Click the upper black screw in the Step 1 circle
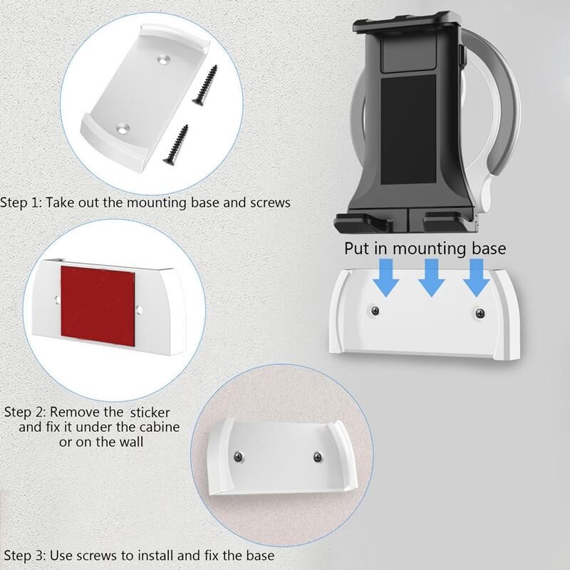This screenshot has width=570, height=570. tap(205, 85)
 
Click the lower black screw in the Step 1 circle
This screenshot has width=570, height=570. tap(175, 145)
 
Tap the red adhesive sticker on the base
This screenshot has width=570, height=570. tap(98, 306)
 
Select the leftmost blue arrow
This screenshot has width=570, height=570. tap(385, 277)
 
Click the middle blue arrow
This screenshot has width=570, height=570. tap(431, 277)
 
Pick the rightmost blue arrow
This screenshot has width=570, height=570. tap(477, 277)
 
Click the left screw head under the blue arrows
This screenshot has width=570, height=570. tap(375, 311)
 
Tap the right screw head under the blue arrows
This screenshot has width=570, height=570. tap(480, 313)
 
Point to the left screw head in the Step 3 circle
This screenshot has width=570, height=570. tap(239, 456)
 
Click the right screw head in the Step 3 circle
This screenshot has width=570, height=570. tap(318, 457)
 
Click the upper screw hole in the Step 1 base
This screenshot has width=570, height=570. tap(165, 59)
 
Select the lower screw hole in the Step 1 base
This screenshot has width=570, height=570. tap(123, 128)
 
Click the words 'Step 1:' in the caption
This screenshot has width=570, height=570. tap(21, 203)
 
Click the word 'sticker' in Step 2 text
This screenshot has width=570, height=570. tap(150, 413)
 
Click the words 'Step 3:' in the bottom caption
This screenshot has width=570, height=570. tap(25, 556)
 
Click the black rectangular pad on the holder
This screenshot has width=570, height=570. tap(408, 130)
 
